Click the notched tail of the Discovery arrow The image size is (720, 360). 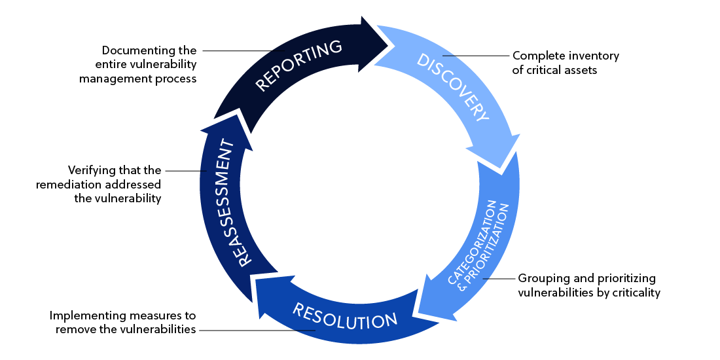point(383,60)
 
